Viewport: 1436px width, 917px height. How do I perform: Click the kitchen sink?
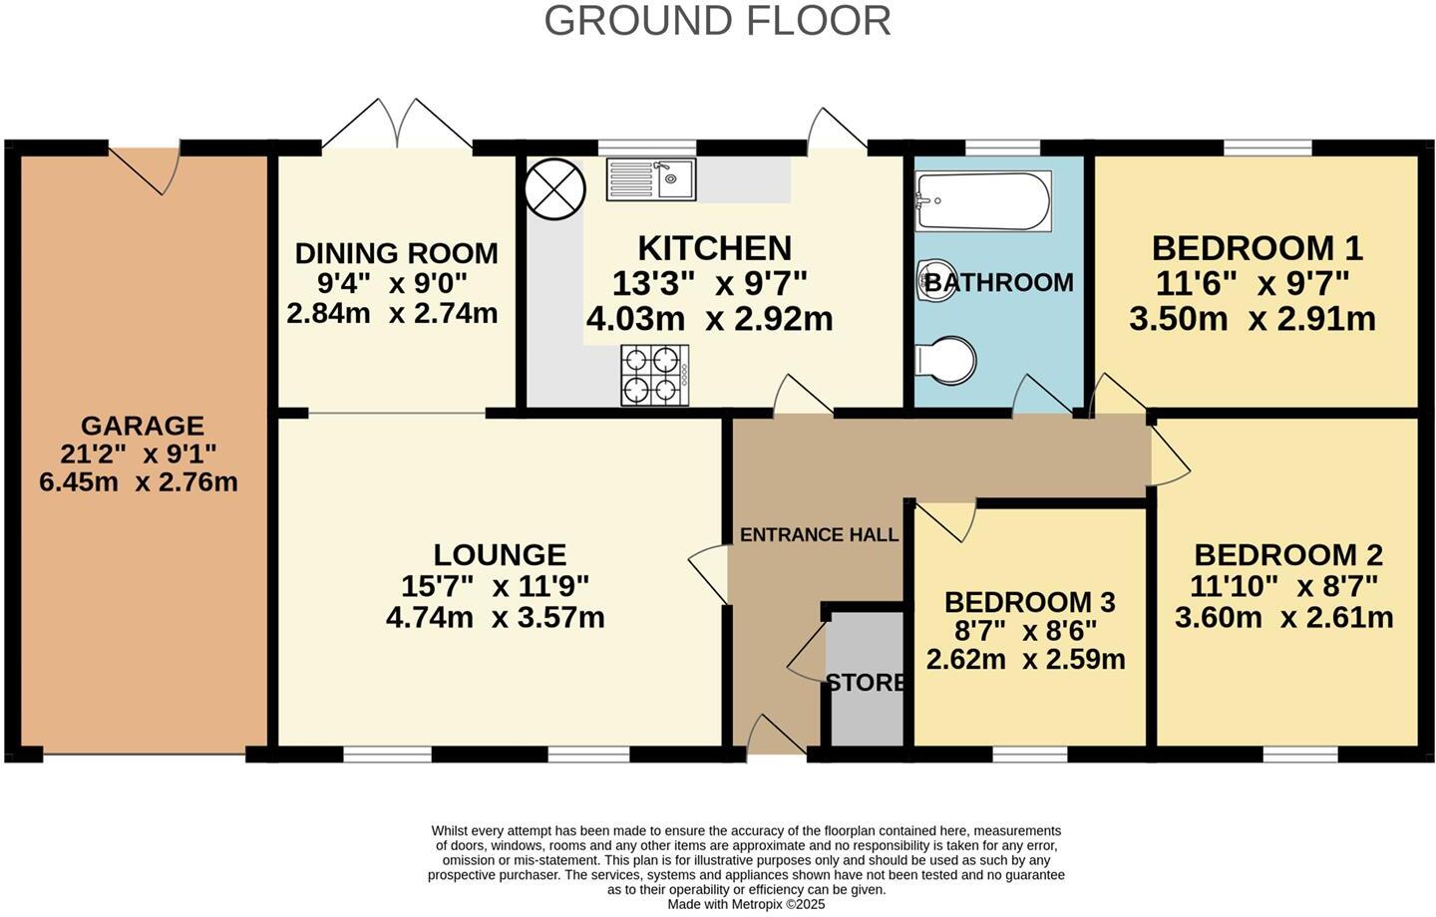650,179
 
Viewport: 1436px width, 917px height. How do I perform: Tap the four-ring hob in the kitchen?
654,375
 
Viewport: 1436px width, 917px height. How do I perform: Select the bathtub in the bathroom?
983,200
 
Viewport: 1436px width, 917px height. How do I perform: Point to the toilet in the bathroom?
945,360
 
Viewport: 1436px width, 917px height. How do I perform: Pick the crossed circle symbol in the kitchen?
555,189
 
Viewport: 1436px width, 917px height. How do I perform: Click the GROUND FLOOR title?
717,21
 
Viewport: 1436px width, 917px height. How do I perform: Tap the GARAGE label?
143,426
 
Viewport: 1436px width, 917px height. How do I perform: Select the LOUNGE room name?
500,555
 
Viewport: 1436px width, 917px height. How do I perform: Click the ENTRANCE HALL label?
820,534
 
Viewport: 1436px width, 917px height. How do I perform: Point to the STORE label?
866,683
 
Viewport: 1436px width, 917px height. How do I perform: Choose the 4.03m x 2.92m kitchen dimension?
710,319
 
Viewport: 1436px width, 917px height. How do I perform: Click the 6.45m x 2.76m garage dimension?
139,481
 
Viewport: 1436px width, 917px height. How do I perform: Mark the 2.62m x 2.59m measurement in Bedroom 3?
1026,660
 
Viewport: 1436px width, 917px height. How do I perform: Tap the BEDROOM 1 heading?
1257,248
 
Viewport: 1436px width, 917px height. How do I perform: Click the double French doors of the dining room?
398,124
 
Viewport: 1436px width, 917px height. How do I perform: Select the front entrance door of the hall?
776,736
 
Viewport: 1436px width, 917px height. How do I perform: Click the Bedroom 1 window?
1267,149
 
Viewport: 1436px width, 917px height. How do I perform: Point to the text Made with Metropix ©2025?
746,904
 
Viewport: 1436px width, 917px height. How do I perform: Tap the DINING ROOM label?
396,253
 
